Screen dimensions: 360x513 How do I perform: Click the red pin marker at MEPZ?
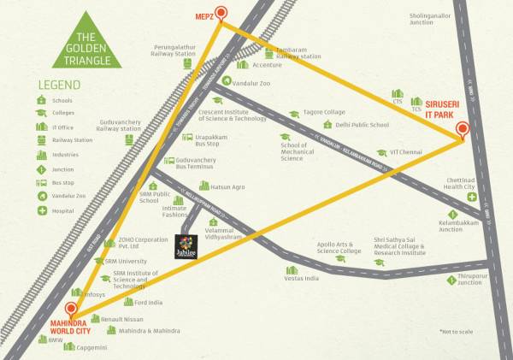click(x=221, y=13)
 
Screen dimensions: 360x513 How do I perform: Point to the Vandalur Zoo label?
click(x=251, y=83)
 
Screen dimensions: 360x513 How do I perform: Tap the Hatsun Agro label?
click(x=228, y=186)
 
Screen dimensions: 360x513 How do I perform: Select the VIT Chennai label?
click(x=406, y=152)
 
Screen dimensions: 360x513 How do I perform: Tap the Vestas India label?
click(x=302, y=278)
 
